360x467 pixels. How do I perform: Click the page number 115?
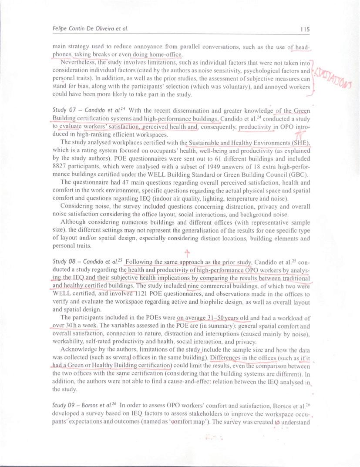304,29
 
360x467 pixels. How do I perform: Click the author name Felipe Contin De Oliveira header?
90,29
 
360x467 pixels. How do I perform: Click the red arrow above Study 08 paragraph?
187,252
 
